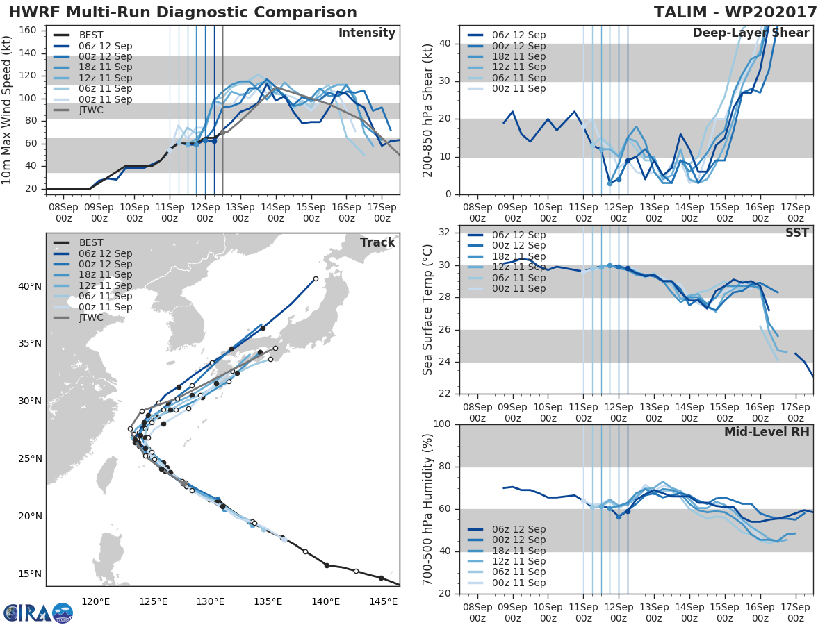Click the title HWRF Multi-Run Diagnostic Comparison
pos(182,12)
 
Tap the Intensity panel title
pos(366,33)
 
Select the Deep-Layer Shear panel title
pos(751,33)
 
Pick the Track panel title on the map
pos(377,242)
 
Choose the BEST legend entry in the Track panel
pos(91,242)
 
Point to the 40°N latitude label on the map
pos(30,286)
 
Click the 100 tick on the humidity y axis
pos(445,424)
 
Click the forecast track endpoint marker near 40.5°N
pos(316,278)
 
